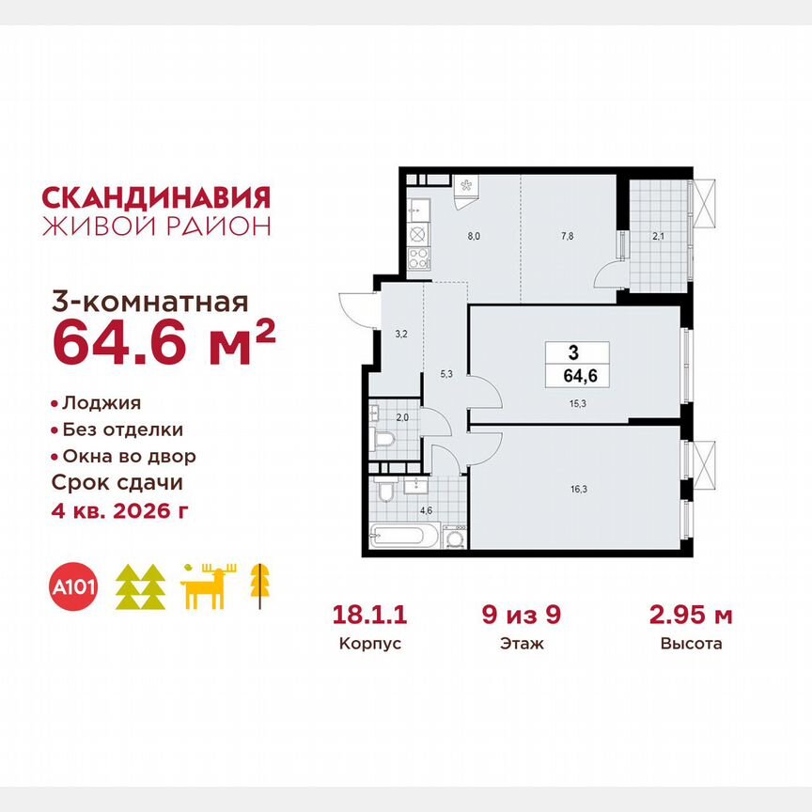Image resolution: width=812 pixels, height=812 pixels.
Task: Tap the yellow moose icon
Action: pos(210,587)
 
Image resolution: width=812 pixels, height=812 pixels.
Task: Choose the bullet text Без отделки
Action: pos(122,429)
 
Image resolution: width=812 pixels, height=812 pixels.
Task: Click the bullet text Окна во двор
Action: pos(129,456)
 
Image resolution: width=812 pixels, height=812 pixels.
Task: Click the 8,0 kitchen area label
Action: pos(474,238)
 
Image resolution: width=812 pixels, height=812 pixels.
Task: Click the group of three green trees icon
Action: pos(141,587)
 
